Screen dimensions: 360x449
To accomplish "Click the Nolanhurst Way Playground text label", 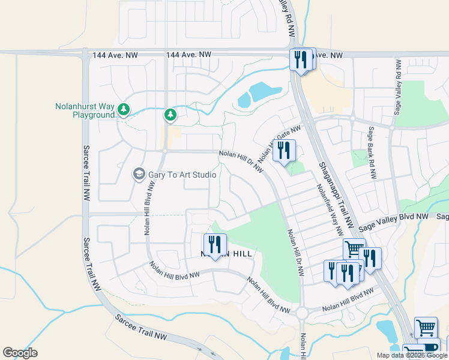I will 85,110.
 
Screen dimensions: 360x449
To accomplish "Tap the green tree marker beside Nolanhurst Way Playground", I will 123,109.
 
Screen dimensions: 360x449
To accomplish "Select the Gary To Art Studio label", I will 182,174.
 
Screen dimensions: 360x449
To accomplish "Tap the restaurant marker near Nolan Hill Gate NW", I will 284,150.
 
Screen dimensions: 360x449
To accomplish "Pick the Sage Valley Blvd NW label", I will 393,221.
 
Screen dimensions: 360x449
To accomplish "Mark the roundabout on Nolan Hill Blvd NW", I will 301,313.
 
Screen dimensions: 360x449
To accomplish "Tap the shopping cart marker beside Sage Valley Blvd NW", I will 354,248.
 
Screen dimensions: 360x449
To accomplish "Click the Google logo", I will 20,353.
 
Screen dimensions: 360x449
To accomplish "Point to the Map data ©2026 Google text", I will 412,355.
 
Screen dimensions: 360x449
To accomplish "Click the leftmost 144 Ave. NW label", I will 115,55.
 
